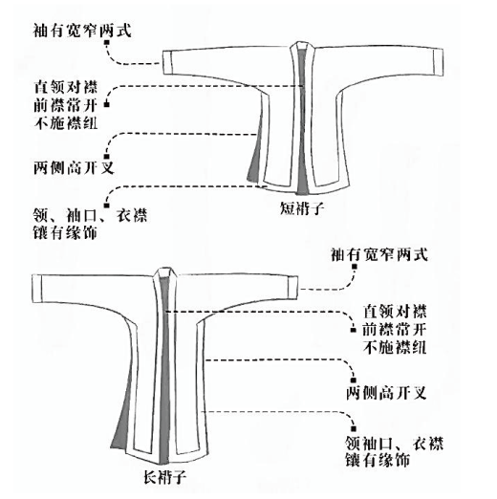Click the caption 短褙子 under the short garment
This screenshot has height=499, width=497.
tap(302, 208)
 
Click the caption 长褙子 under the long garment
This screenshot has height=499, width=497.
tap(164, 477)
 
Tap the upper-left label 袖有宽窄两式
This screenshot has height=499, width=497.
tap(82, 31)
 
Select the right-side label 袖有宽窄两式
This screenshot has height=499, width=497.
tap(379, 254)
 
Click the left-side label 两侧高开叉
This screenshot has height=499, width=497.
tap(74, 167)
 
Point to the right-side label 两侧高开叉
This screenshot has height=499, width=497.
tap(386, 393)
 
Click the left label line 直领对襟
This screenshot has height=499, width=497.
tap(66, 87)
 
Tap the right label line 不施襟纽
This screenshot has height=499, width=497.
tap(395, 347)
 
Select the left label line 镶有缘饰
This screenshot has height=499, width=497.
tap(65, 232)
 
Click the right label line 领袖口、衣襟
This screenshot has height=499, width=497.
tap(395, 443)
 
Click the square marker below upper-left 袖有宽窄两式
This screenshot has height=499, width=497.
tap(107, 42)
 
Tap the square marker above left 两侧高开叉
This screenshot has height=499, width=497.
tap(107, 157)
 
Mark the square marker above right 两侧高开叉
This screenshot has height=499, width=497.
tap(353, 380)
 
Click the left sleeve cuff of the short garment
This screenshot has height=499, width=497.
tap(167, 62)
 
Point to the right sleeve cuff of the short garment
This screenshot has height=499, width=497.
tap(439, 62)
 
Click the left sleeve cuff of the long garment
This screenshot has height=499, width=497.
tap(37, 288)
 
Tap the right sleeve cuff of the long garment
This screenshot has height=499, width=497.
tap(293, 288)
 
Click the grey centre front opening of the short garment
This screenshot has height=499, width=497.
tap(301, 121)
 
